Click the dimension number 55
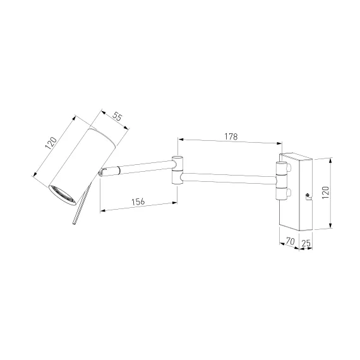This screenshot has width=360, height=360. point(117,117)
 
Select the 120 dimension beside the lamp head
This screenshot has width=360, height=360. point(51,143)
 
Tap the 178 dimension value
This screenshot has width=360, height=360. point(231,136)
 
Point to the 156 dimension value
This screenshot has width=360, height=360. point(138,201)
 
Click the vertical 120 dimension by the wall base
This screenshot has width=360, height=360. point(325,193)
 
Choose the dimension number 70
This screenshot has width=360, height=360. point(290,241)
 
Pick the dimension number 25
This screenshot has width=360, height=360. point(306,243)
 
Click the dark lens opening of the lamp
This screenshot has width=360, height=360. point(62,195)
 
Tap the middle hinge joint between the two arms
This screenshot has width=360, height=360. point(177,170)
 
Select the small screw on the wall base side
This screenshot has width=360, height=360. point(307,195)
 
